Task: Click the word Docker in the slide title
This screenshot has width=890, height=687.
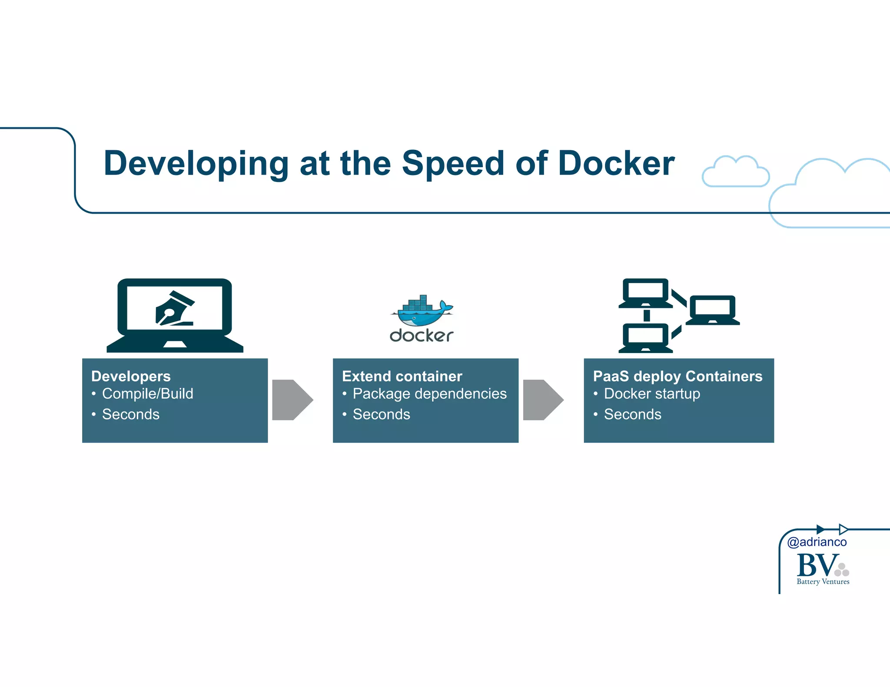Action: point(616,163)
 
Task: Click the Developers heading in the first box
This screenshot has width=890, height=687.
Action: point(131,376)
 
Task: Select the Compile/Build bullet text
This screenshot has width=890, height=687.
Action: point(147,394)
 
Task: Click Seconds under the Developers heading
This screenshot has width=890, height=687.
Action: point(130,414)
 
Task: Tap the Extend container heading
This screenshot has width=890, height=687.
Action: point(402,376)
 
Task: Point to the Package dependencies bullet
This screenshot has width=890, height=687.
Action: point(429,394)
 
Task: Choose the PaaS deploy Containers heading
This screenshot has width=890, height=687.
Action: point(677,376)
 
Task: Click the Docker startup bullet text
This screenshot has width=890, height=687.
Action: point(652,394)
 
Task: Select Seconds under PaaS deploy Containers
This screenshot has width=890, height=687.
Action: point(632,414)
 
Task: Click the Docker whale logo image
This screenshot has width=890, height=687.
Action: point(422,311)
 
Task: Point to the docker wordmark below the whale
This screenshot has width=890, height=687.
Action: point(421,336)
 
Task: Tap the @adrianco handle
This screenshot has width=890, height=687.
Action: point(817,542)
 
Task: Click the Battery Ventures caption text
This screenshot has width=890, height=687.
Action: point(823,581)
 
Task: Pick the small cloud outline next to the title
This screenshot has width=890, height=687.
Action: point(735,172)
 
